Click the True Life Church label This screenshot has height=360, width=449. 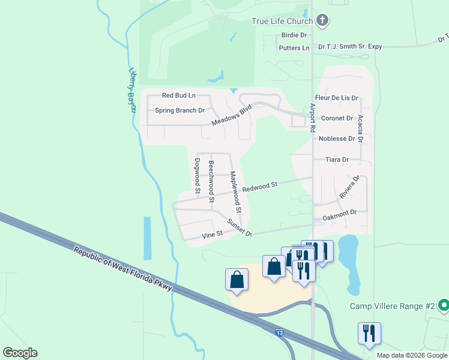282,22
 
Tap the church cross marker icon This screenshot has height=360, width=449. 322,21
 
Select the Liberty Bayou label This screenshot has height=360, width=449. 131,87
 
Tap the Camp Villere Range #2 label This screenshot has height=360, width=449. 392,306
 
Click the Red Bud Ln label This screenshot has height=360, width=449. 179,95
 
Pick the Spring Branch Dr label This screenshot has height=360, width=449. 180,110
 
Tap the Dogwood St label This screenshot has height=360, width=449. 197,175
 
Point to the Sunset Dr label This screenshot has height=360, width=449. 239,227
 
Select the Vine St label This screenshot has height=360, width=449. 212,235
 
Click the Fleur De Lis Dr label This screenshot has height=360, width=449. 336,97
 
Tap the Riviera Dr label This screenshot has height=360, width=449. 348,187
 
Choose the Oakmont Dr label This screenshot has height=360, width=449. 339,212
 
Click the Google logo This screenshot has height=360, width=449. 20,353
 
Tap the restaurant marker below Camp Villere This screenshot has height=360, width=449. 368,334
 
